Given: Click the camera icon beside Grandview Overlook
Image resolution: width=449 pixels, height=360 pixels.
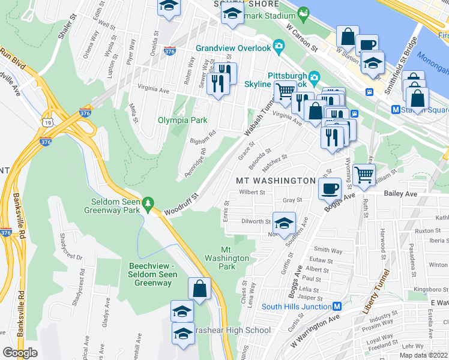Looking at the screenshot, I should [278, 46].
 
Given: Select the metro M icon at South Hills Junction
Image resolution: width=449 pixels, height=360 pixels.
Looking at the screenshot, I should [337, 306].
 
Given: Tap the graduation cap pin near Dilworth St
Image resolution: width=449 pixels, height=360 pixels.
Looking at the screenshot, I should [283, 223].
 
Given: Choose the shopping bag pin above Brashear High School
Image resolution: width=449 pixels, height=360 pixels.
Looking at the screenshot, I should [199, 289].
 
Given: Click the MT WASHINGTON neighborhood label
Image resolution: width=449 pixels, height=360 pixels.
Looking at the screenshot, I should [276, 181].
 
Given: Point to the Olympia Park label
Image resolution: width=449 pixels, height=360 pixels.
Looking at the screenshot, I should [182, 120].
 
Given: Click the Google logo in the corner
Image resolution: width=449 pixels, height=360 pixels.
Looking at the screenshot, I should [20, 353].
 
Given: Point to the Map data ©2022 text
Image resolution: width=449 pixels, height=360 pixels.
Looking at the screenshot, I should [423, 355].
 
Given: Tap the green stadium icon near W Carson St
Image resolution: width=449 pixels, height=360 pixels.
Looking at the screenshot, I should [303, 12].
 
